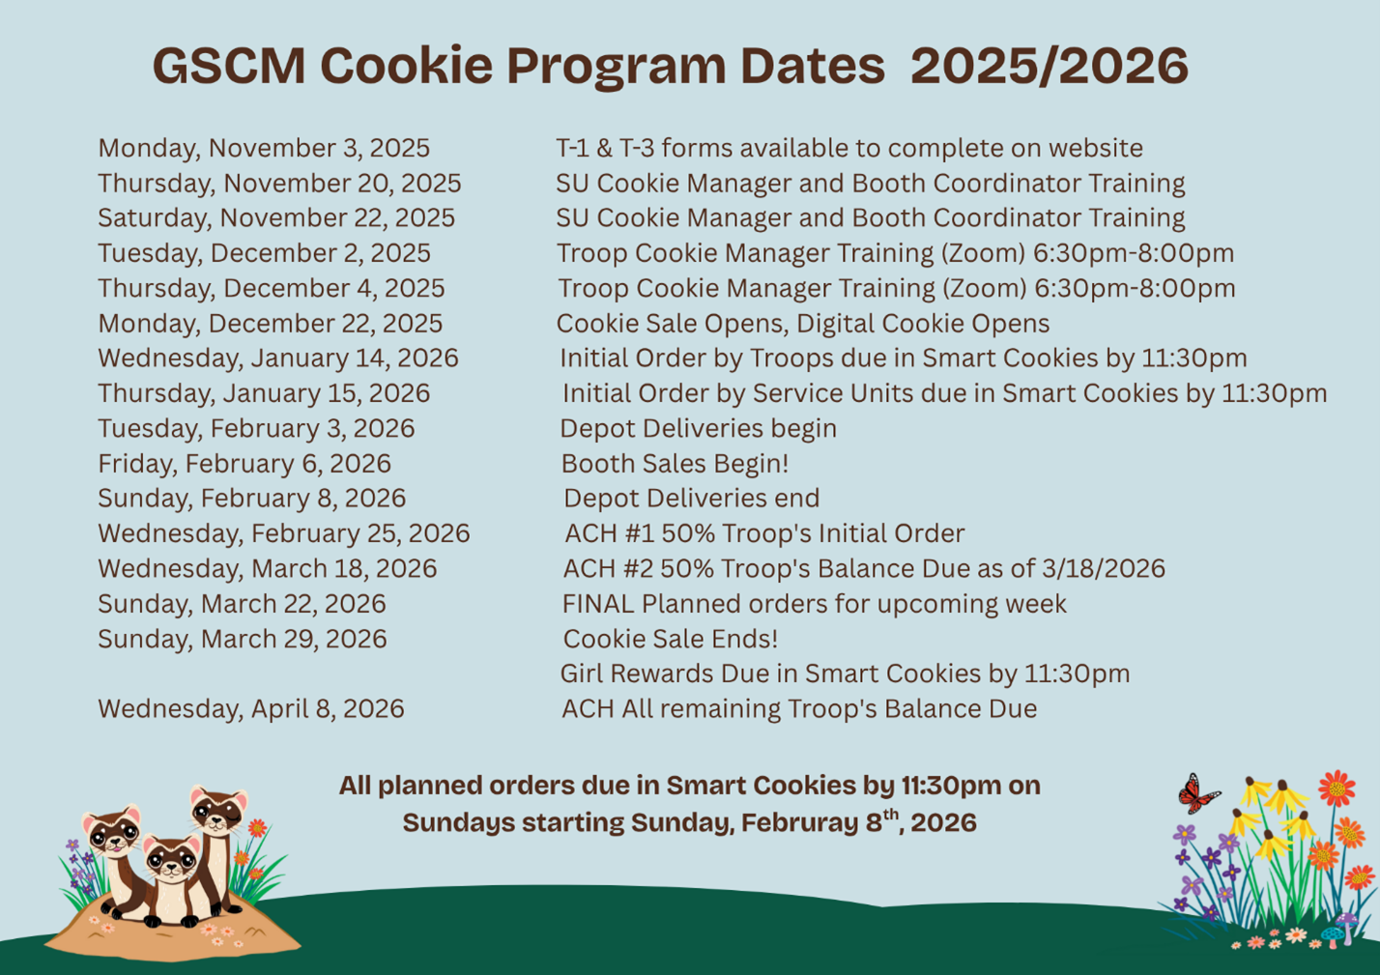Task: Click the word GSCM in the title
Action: coord(228,67)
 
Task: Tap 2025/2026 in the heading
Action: coord(1049,67)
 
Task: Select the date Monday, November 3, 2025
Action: coord(264,149)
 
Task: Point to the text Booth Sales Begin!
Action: coord(675,464)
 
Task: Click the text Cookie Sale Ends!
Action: coord(671,639)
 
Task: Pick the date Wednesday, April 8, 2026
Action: coord(251,709)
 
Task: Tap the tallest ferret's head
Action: coord(218,810)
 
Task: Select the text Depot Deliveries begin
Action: coord(698,429)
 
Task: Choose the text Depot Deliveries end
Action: coord(691,499)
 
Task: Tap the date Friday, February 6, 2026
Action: coord(244,464)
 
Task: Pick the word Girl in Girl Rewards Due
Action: coord(581,674)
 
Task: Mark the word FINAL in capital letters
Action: coord(598,604)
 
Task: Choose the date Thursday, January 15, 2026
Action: coord(264,393)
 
